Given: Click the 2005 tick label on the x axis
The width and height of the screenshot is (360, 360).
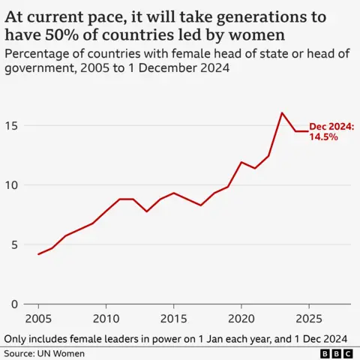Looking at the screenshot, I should tap(38, 318).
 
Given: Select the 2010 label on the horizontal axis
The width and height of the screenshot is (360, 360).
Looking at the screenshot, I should tap(106, 318).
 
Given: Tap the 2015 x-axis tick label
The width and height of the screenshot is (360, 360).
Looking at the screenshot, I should tap(173, 318).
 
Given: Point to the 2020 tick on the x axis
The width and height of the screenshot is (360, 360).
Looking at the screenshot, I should tap(241, 318).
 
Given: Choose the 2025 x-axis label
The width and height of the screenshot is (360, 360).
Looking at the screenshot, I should tap(308, 318).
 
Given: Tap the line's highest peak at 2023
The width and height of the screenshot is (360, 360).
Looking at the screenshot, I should tap(281, 113).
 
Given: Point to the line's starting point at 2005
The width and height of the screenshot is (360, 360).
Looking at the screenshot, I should tap(38, 254).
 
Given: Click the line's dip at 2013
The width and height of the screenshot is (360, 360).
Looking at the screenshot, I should tap(146, 211).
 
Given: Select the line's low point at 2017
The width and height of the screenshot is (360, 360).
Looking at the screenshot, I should tap(200, 205).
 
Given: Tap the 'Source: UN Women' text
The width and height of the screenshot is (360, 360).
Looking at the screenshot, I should tap(44, 353).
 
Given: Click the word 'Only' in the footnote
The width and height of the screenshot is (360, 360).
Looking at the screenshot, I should tap(16, 337).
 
